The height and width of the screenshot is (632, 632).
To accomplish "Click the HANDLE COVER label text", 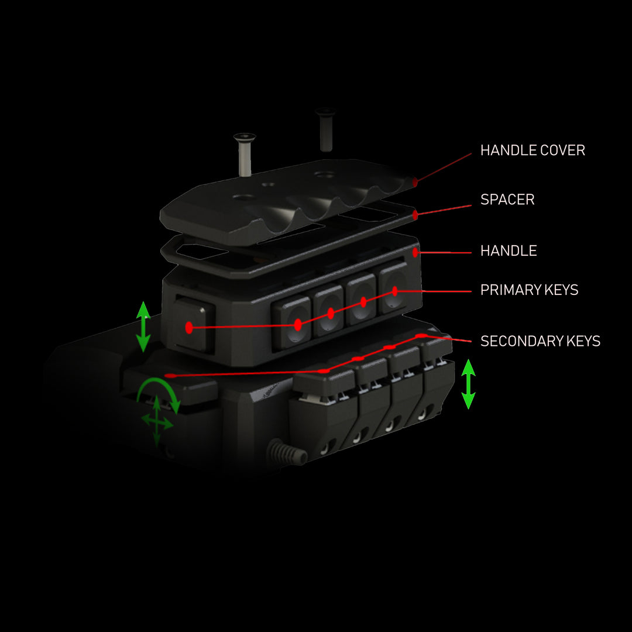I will point(533,150).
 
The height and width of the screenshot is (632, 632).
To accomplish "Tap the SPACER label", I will point(507,200).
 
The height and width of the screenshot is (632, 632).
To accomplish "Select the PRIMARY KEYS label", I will point(529,290).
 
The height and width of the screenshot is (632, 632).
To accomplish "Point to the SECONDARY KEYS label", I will point(540,341).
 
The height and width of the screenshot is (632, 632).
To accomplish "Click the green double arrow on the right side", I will point(468,384).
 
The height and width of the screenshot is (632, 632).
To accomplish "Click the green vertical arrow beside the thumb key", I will point(143,327).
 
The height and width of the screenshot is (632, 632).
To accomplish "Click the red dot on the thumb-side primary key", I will point(189,328).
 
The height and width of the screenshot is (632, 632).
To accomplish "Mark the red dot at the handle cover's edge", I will point(415,183).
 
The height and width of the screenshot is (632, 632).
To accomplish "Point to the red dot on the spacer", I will point(415,215).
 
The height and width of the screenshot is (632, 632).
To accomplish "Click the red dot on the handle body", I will point(415,253).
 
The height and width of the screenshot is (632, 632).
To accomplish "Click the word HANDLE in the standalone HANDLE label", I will point(509,251).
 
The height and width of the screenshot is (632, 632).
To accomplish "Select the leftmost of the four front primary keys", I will point(293,322).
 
